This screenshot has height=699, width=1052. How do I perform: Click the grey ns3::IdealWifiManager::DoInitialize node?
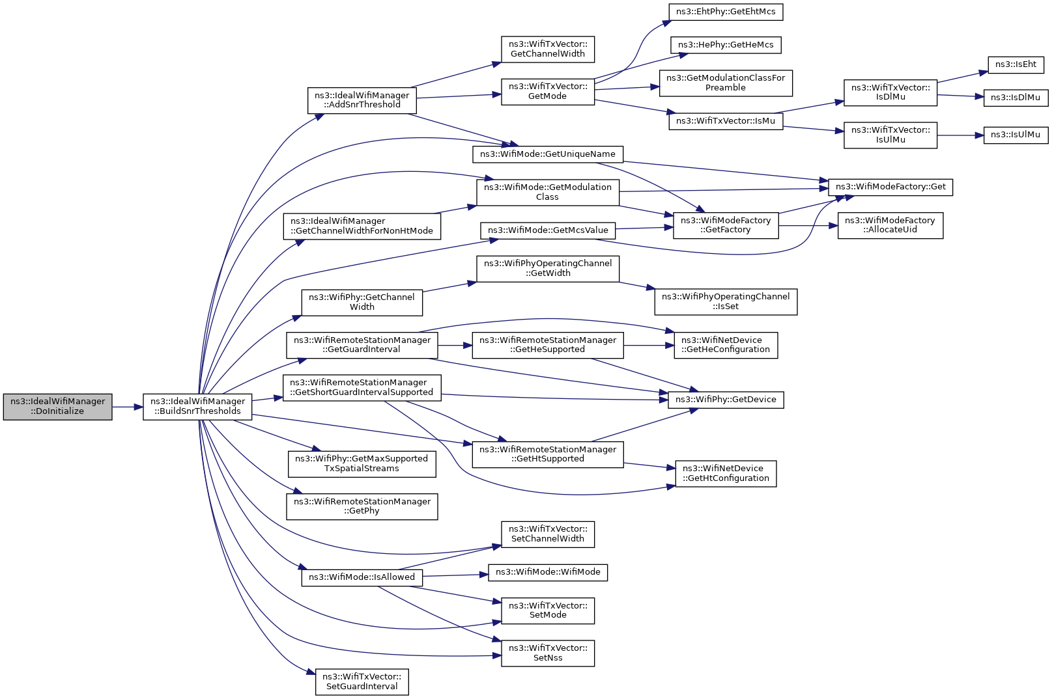pos(58,407)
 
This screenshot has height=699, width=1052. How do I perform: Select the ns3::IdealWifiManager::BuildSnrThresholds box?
pos(198,407)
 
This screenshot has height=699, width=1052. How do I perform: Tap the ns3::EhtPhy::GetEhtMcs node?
pos(726,12)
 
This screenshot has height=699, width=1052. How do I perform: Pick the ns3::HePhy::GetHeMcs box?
pos(726,45)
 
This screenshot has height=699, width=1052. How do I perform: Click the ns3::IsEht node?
pos(1016,64)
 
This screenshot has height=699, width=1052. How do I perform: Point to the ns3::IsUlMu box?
pos(1016,135)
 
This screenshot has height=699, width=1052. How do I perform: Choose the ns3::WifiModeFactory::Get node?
pos(890,187)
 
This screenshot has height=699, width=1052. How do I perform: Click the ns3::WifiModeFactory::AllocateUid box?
pos(890,226)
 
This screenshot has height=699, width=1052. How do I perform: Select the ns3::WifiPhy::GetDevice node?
pos(726,400)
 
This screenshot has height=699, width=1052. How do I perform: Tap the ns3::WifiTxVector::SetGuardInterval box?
pos(362,682)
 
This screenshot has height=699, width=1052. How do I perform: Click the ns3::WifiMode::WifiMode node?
pos(548,572)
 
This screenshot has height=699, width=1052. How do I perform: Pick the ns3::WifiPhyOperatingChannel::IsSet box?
pos(726,301)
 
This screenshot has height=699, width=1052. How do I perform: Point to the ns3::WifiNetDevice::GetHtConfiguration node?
pos(726,474)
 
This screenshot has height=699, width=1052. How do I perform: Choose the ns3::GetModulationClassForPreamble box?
pos(726,83)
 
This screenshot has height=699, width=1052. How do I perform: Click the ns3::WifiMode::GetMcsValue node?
pos(548,230)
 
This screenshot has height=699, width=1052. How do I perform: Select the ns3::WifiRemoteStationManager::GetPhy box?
pos(362,506)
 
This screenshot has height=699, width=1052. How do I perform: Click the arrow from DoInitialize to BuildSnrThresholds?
pos(128,407)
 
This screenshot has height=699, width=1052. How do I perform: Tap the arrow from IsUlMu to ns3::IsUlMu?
pos(960,135)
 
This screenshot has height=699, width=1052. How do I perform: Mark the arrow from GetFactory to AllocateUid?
pos(808,226)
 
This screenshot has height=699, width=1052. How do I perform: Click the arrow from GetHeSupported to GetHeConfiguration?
pos(649,346)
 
